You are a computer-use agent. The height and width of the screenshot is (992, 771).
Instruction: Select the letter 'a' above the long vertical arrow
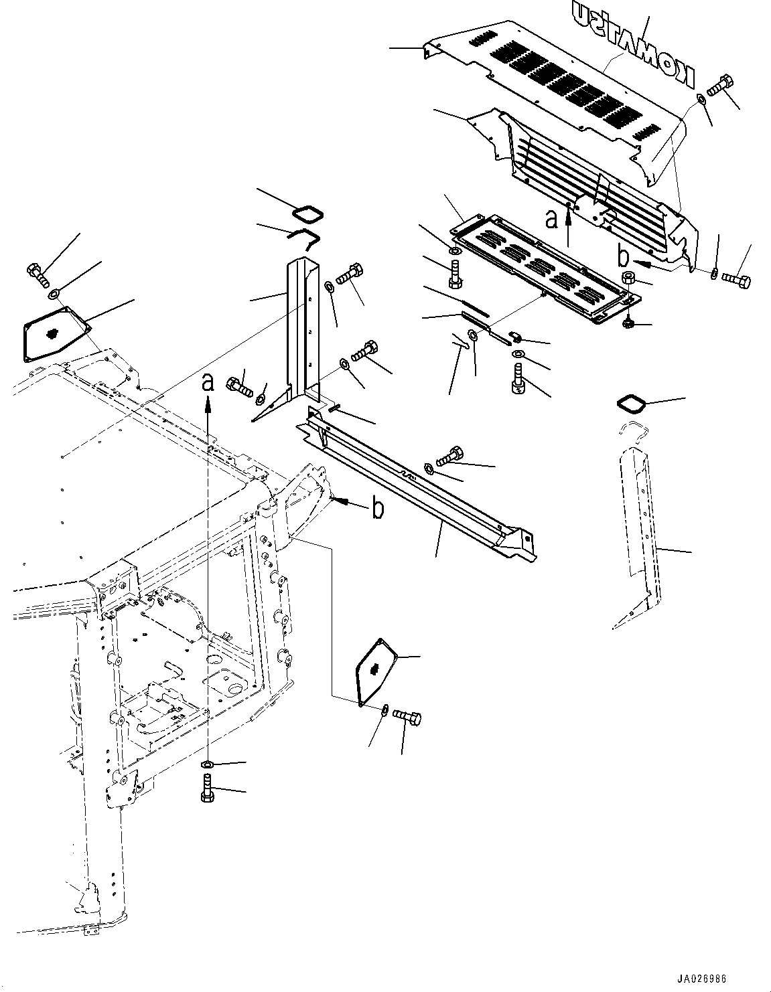(208, 383)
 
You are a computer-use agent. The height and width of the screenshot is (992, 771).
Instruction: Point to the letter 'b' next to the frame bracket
(378, 509)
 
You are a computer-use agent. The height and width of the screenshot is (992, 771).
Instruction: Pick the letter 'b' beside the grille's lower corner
(622, 256)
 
